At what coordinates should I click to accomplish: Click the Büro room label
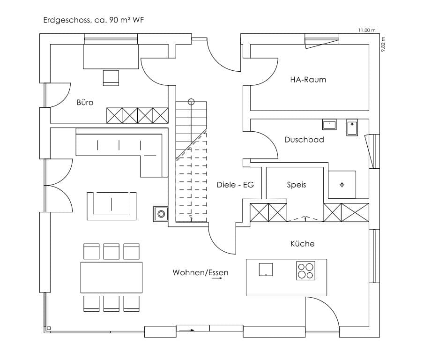(x=85, y=102)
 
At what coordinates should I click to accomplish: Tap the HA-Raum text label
(x=307, y=79)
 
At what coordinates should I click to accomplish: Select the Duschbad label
(x=304, y=140)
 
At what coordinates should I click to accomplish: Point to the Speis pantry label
(x=296, y=185)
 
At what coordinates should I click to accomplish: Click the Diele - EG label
(x=235, y=185)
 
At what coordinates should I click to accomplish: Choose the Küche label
(x=302, y=244)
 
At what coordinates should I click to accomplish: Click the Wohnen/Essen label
(x=201, y=272)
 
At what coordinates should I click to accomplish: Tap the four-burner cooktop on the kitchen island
(x=305, y=270)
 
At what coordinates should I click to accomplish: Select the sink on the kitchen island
(x=266, y=269)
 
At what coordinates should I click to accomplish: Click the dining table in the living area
(x=111, y=277)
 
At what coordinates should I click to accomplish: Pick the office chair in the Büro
(x=111, y=77)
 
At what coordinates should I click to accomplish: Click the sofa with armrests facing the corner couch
(x=111, y=205)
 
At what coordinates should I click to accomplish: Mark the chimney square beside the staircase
(x=161, y=214)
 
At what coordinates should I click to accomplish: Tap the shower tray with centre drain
(x=342, y=185)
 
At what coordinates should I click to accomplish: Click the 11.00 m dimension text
(x=367, y=30)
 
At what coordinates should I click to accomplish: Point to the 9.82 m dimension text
(x=383, y=45)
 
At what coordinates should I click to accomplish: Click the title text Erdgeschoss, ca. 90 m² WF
(x=96, y=20)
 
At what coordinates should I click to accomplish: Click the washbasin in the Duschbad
(x=329, y=125)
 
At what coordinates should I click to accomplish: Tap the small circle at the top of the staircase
(x=191, y=101)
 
